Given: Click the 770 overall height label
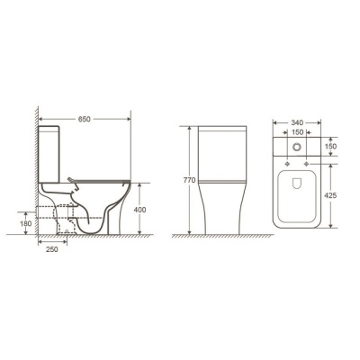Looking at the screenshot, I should tap(189, 180).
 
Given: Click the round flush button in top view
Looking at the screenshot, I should tap(298, 146).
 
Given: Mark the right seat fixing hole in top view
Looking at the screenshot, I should tap(309, 164).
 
